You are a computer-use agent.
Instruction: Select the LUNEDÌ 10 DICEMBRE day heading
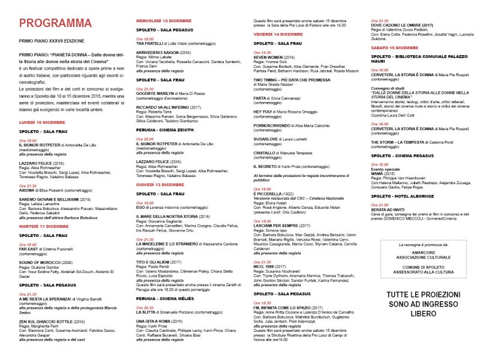pyautogui.click(x=41, y=122)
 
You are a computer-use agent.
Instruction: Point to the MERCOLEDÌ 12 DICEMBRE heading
pyautogui.click(x=164, y=21)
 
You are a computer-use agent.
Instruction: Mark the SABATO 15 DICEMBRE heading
pyautogui.click(x=395, y=47)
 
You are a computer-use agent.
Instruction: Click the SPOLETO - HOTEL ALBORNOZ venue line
pyautogui.click(x=402, y=196)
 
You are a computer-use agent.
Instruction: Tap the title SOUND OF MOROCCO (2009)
pyautogui.click(x=45, y=262)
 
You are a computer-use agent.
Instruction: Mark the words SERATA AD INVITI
pyautogui.click(x=388, y=209)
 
